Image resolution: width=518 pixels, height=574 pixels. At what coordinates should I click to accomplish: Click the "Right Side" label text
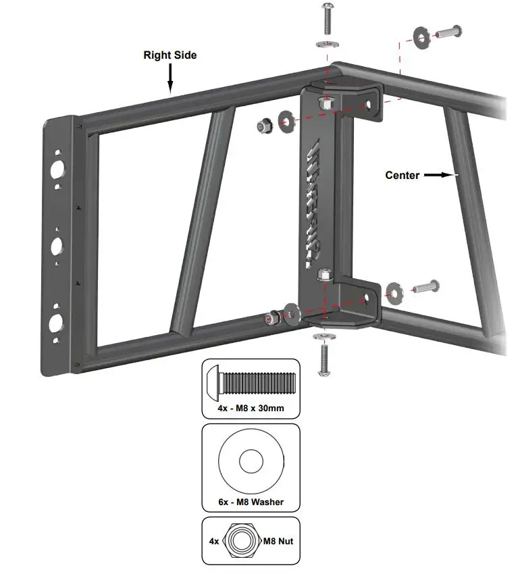(x=170, y=55)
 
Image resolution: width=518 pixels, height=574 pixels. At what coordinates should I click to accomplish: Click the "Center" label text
(x=403, y=175)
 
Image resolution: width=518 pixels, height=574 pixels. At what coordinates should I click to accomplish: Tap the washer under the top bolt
(x=326, y=45)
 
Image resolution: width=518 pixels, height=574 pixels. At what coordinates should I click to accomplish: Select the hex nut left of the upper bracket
(x=264, y=125)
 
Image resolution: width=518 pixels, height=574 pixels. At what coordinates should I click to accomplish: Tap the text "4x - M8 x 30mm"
(x=250, y=409)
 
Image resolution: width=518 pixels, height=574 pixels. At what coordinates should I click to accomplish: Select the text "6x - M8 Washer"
(x=251, y=502)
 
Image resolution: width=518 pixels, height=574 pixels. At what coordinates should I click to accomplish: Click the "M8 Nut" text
(x=278, y=541)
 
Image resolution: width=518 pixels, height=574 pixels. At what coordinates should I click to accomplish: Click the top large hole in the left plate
(x=57, y=168)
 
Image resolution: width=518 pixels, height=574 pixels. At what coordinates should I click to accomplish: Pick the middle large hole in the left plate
(x=57, y=244)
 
